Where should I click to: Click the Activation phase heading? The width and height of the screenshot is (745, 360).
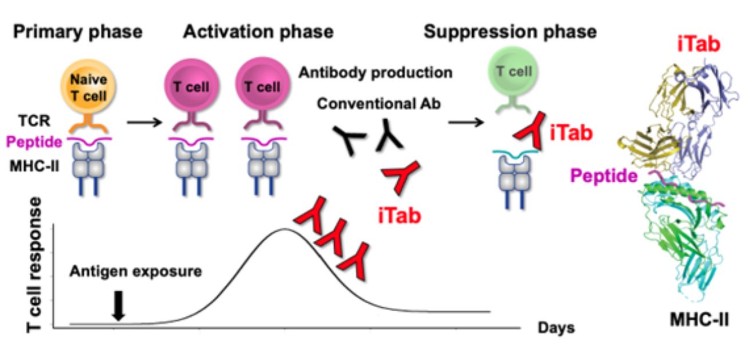(258, 32)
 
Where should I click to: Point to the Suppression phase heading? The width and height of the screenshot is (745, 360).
(510, 32)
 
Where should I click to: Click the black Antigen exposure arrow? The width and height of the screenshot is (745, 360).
(118, 306)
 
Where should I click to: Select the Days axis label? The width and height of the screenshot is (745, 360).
(556, 328)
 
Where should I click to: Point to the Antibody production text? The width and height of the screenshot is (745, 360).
(375, 73)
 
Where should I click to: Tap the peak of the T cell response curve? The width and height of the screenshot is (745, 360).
(283, 229)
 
